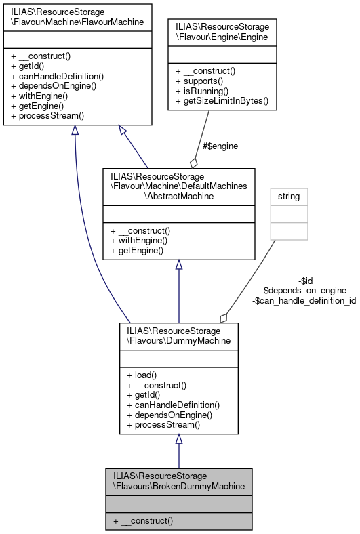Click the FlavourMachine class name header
[x=77, y=16]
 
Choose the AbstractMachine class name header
[x=178, y=185]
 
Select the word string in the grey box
[x=289, y=197]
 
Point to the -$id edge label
[x=306, y=281]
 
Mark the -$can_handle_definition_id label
[x=304, y=300]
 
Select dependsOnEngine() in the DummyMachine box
[x=169, y=415]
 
